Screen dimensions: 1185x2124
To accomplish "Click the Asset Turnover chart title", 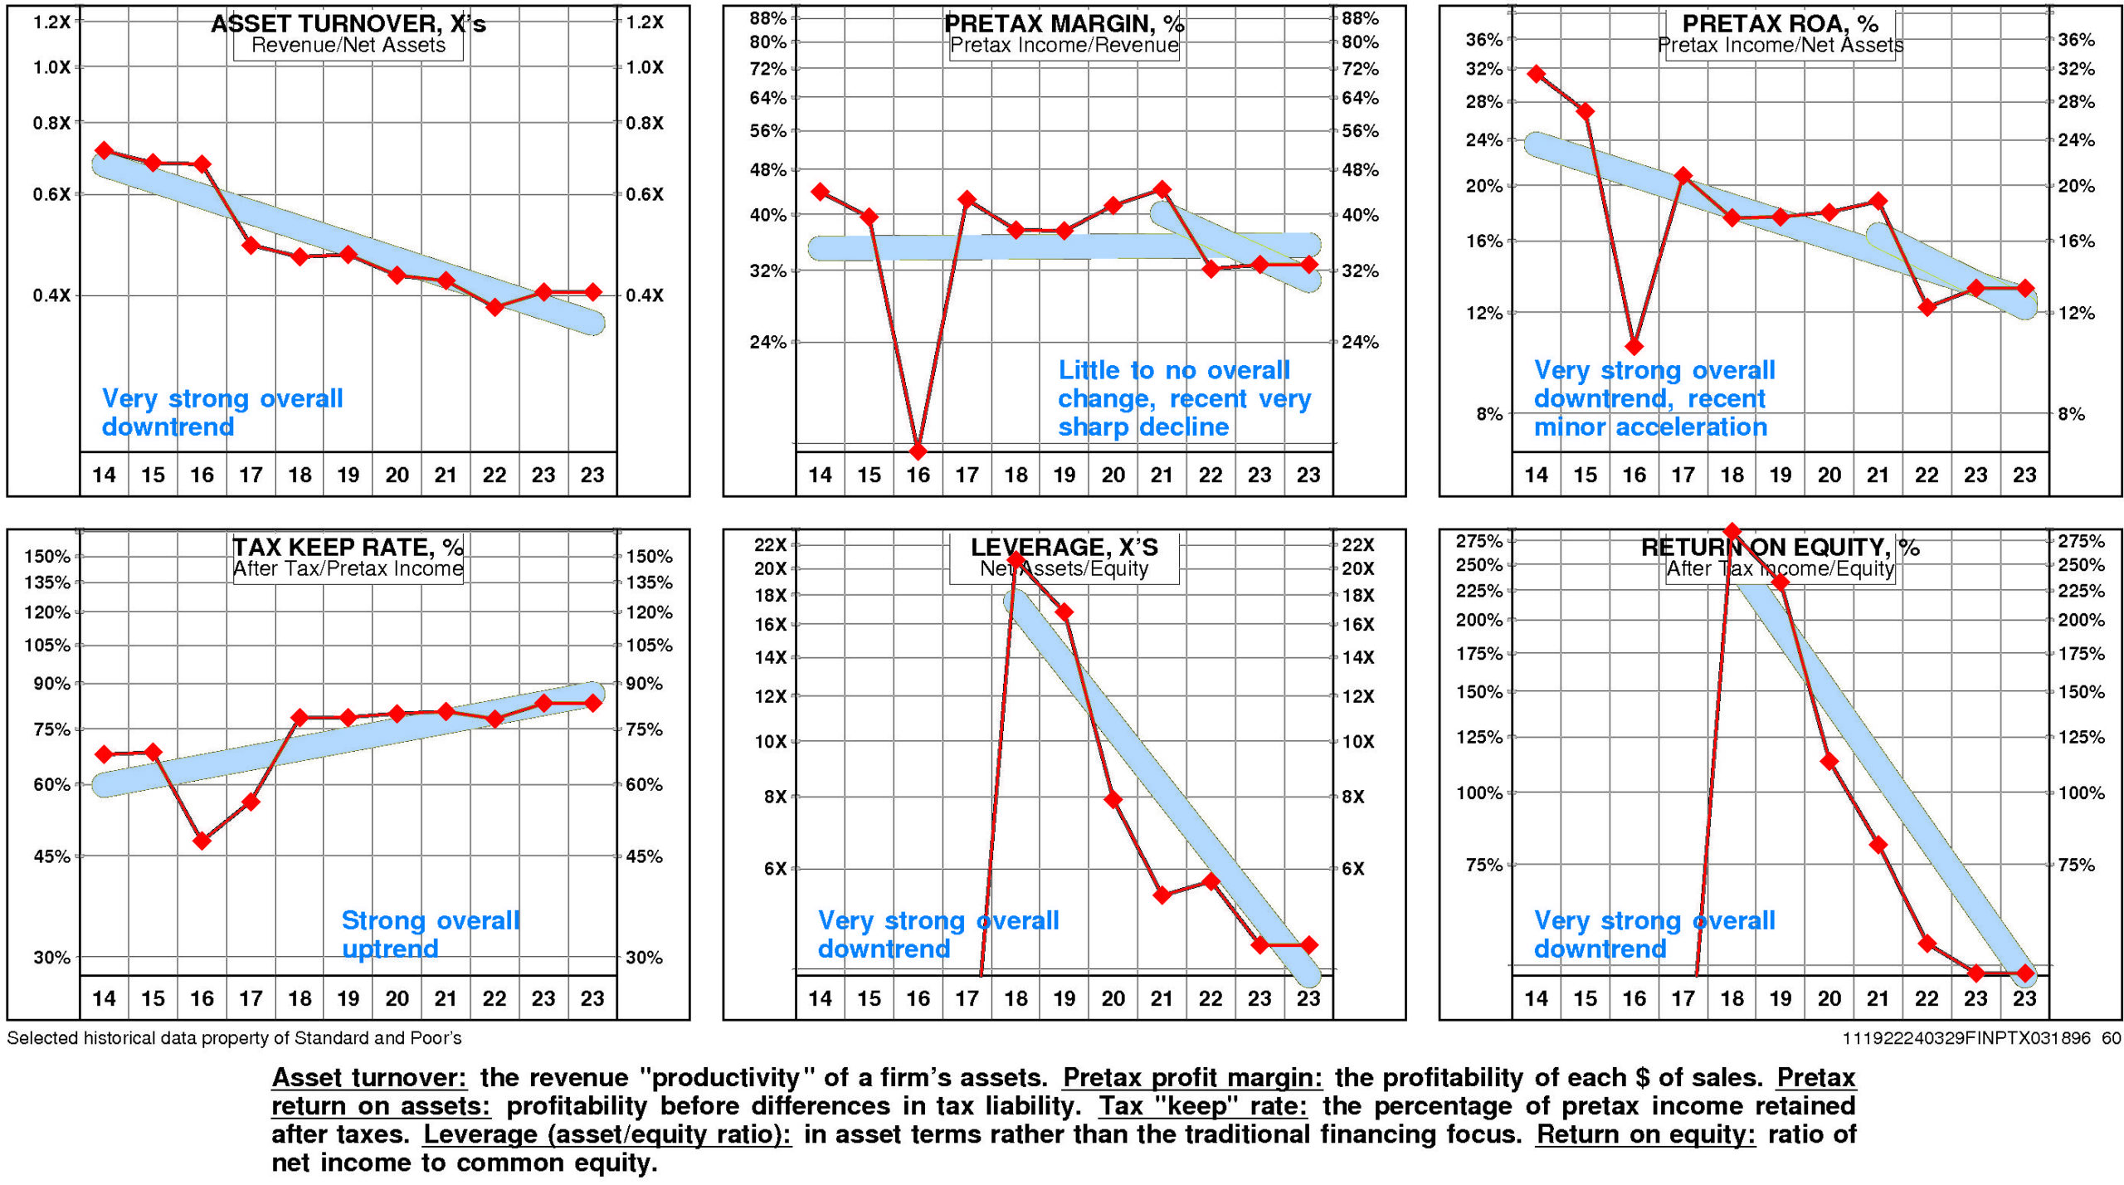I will point(348,23).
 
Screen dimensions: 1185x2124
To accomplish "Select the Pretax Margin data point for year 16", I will point(918,451).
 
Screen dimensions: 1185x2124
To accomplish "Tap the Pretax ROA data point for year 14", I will point(1536,74).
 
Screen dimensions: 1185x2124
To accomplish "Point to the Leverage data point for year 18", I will point(1016,560).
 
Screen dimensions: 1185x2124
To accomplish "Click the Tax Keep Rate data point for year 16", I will point(202,841).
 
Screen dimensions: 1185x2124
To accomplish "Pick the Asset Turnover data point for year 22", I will point(494,307).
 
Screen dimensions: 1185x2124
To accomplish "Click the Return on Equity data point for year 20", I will point(1829,761).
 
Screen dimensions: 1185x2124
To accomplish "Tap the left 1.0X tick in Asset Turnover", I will point(51,67).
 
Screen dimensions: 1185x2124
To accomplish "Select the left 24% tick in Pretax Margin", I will point(767,342).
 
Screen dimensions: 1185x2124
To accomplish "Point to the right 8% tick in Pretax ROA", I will point(2071,413).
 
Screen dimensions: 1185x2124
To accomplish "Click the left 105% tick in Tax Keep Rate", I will point(47,645).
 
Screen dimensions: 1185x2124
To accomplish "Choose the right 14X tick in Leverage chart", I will point(1358,657).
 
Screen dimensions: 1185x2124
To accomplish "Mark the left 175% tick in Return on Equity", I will point(1479,653).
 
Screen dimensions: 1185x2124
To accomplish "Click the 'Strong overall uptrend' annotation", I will point(430,934).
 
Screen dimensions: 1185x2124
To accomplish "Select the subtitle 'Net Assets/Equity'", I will point(1064,568).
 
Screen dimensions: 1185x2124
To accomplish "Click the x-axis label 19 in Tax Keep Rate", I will point(348,998).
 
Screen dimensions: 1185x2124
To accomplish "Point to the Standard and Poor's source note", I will point(234,1037).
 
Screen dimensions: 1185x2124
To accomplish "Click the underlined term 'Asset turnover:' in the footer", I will point(369,1077).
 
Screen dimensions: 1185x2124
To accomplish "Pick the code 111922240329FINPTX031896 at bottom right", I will point(1966,1037).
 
